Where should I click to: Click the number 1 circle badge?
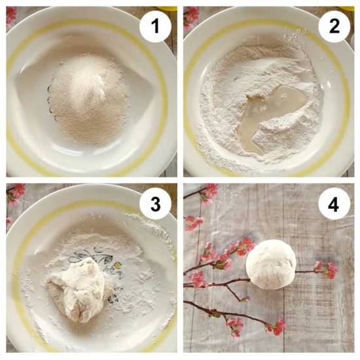[155, 26]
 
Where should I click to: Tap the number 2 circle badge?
[334, 26]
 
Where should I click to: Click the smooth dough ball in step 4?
[271, 264]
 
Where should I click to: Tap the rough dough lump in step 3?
[79, 290]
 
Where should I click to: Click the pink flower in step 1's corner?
[11, 16]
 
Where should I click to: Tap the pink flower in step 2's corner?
[191, 16]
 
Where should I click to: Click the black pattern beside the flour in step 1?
[51, 103]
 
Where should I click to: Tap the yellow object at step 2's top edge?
[346, 9]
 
